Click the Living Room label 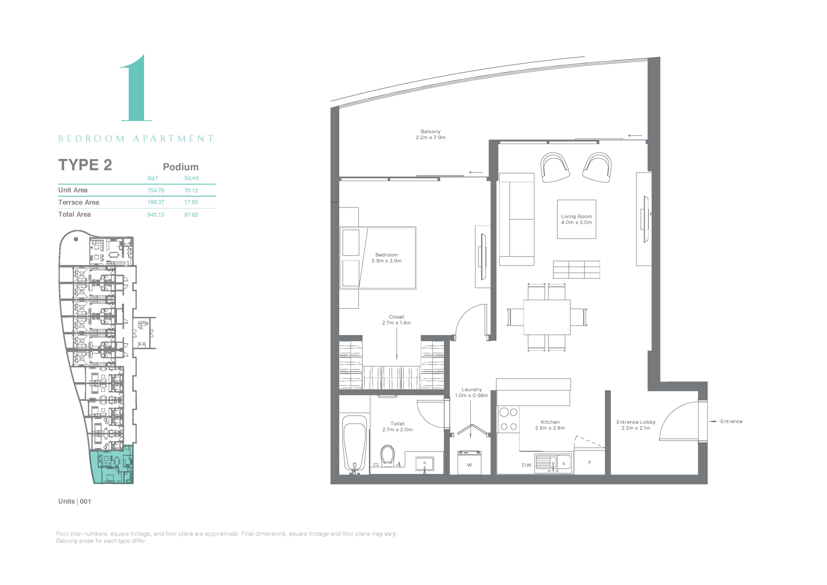point(576,216)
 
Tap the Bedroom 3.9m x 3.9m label point(386,258)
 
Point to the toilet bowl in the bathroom point(388,455)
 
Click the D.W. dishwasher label point(527,465)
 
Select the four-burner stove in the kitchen point(508,419)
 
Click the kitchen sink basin point(553,463)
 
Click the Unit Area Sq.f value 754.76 point(156,191)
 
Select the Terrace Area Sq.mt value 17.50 point(191,202)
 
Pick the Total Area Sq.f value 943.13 point(156,215)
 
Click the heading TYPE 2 point(85,165)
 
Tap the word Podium point(181,167)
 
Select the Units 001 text point(75,501)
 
